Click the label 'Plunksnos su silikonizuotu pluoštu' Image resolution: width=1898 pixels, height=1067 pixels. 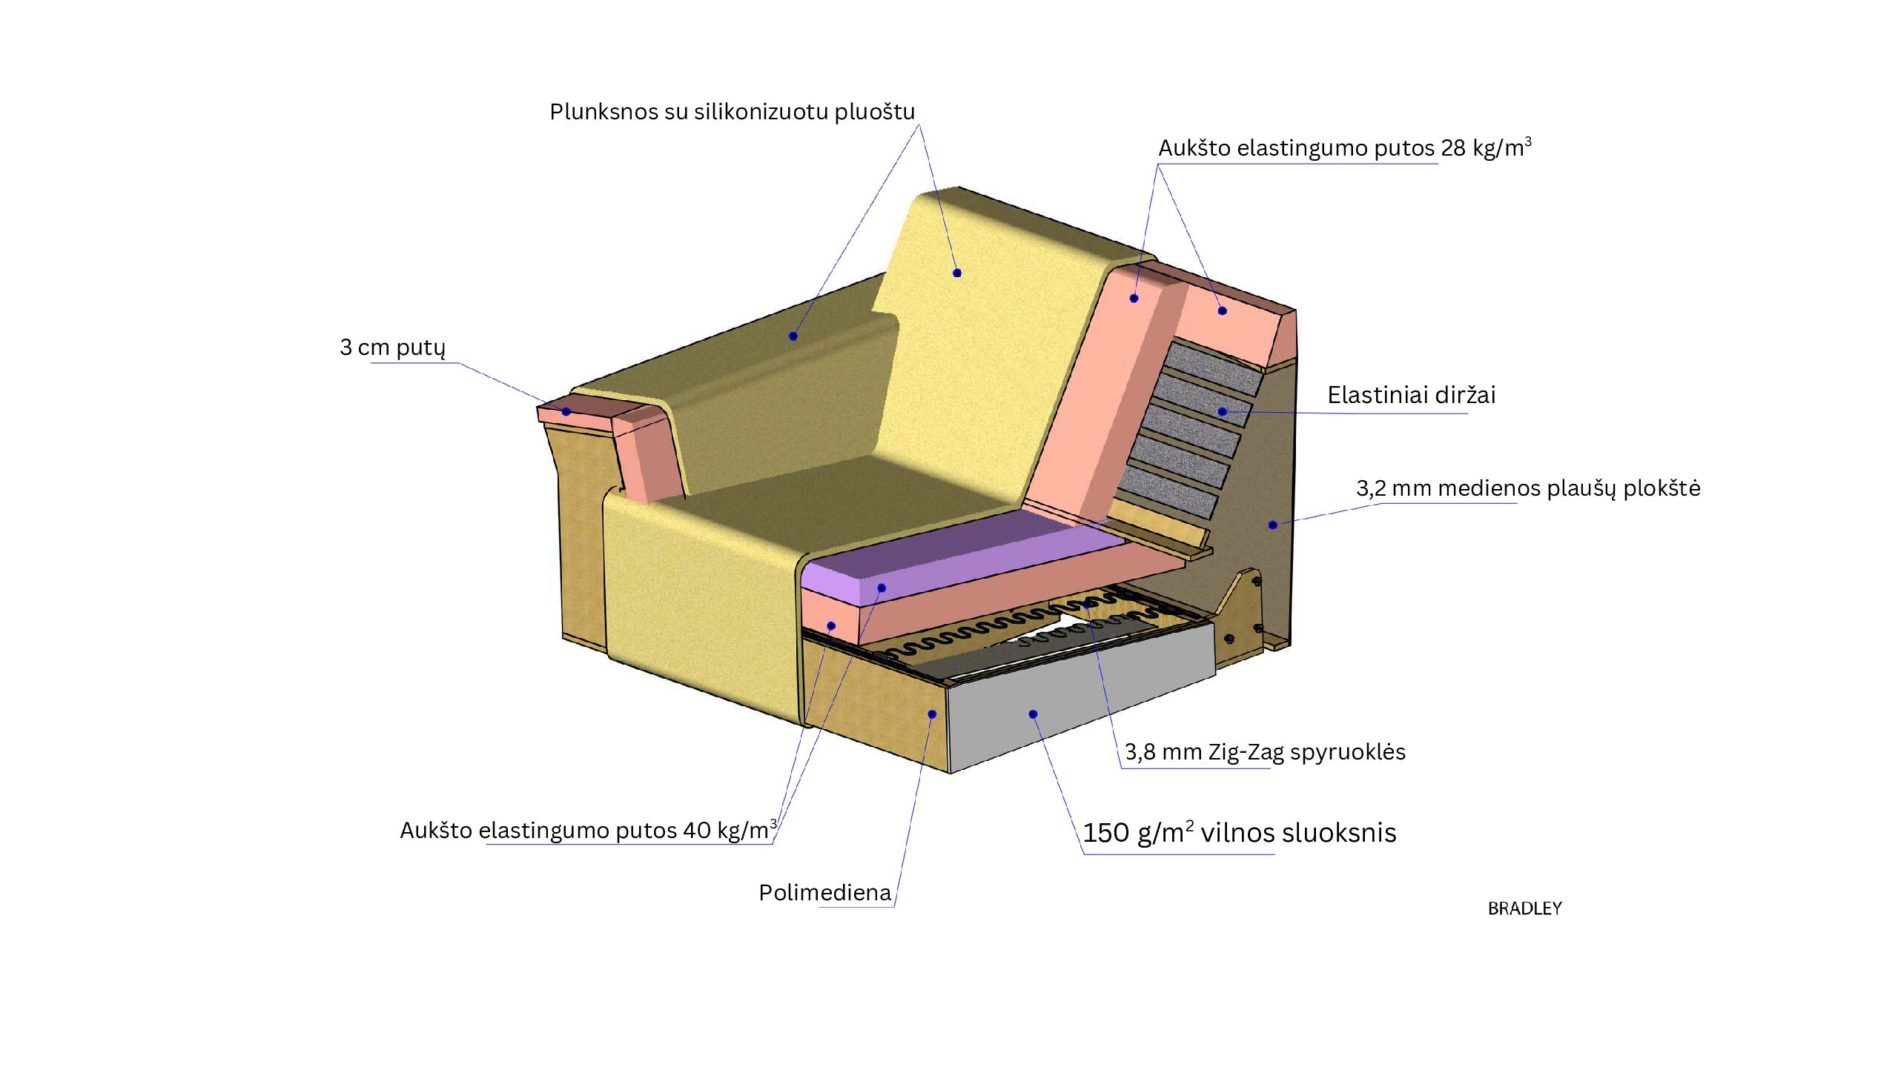pyautogui.click(x=732, y=112)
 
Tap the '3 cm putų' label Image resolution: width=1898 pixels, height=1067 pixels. pyautogui.click(x=392, y=348)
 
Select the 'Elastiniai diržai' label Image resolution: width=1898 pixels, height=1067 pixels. pyautogui.click(x=1411, y=395)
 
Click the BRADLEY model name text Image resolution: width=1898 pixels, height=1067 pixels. pyautogui.click(x=1524, y=908)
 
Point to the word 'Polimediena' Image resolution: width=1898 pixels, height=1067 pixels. pyautogui.click(x=824, y=893)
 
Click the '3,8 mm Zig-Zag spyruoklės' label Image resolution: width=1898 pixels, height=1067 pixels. pyautogui.click(x=1265, y=752)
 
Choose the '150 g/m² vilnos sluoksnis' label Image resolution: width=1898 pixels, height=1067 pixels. pyautogui.click(x=1239, y=833)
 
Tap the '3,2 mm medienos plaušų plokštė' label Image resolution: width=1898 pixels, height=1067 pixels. pyautogui.click(x=1528, y=488)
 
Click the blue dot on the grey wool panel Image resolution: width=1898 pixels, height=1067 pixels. pyautogui.click(x=1033, y=714)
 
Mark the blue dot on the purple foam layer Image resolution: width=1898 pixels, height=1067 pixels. pyautogui.click(x=882, y=588)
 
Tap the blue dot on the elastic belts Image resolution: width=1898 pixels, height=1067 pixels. pyautogui.click(x=1223, y=412)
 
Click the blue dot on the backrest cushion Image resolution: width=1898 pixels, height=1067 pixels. pyautogui.click(x=957, y=273)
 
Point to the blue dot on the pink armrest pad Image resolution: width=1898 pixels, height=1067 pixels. pyautogui.click(x=566, y=412)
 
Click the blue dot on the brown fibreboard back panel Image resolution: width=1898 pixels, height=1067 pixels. pyautogui.click(x=1272, y=525)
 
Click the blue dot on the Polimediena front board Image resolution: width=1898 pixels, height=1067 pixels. pyautogui.click(x=932, y=714)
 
